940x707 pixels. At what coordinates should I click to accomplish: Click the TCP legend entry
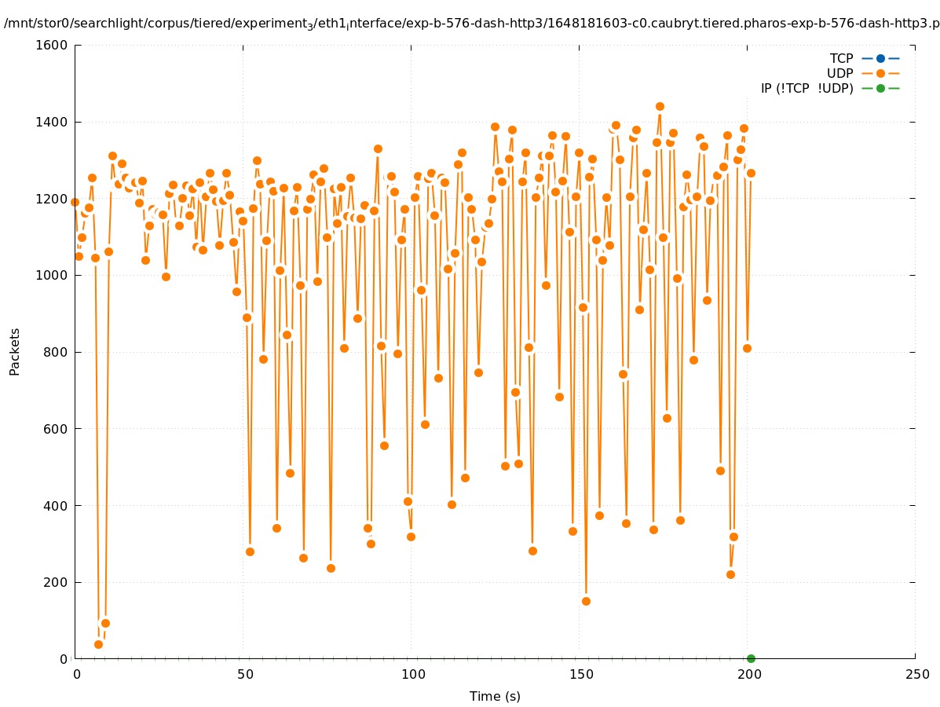(864, 58)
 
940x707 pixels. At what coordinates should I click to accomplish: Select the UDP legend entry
(864, 73)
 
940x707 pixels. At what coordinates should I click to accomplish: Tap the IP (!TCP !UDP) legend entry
(829, 88)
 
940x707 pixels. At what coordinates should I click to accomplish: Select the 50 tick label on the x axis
(245, 675)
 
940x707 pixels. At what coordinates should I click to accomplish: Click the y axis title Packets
(15, 351)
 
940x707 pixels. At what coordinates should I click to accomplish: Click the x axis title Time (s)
(495, 696)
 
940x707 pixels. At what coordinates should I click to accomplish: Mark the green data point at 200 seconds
(751, 658)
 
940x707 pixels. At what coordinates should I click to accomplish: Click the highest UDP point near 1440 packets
(660, 106)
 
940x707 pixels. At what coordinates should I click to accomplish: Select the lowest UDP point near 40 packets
(98, 644)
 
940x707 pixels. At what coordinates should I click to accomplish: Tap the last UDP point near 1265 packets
(751, 173)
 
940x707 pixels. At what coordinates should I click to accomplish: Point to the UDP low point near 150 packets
(586, 601)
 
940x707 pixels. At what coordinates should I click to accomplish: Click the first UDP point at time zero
(75, 202)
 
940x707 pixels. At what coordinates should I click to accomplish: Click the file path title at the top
(471, 24)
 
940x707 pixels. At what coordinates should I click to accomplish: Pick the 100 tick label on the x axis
(412, 675)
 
